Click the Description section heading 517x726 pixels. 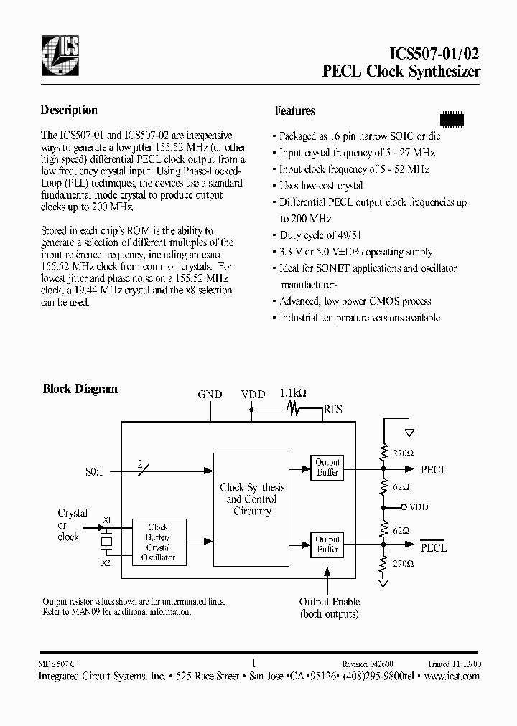(69, 110)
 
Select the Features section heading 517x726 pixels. (294, 111)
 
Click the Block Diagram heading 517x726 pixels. (80, 390)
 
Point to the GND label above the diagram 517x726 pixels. (210, 395)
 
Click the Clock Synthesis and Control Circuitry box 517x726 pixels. (252, 499)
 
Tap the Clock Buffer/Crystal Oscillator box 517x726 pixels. (157, 542)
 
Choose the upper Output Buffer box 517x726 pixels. (327, 467)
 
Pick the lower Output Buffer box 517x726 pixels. (327, 544)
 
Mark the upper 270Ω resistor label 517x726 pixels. (402, 453)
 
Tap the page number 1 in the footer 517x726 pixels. (253, 664)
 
